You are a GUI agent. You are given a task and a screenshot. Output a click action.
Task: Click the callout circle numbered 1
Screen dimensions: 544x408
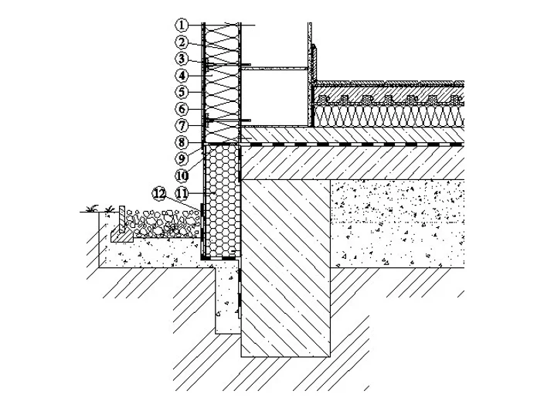(x=182, y=25)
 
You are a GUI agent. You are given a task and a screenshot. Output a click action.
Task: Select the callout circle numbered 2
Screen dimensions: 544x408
(x=182, y=42)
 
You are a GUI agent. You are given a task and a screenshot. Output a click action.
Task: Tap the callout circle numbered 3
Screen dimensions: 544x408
(x=182, y=59)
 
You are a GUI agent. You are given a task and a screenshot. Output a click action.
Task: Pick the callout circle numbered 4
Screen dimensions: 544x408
(x=182, y=75)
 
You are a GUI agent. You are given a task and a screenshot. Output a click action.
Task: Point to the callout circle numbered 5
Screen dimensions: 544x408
(x=182, y=92)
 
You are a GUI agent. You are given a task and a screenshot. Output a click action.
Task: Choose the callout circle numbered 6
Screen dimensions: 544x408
(x=182, y=109)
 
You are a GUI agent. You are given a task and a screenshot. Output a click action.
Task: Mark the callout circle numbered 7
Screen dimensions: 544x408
(x=182, y=126)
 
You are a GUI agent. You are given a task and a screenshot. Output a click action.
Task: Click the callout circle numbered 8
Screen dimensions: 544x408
(x=182, y=142)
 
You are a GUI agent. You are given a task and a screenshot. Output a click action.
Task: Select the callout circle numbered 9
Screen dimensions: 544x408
(x=182, y=159)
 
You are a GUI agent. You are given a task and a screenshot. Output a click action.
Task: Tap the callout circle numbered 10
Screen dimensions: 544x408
(x=182, y=176)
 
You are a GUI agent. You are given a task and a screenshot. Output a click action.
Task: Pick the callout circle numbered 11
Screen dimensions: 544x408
(x=182, y=193)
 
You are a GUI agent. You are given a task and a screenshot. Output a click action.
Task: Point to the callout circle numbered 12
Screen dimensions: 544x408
(x=159, y=194)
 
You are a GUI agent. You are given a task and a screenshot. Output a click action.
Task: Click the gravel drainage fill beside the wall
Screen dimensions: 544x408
(x=162, y=223)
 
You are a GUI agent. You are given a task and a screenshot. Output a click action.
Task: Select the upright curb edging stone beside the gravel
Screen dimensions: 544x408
(x=122, y=219)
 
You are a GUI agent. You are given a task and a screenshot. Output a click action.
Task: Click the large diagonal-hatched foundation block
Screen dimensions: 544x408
(x=285, y=268)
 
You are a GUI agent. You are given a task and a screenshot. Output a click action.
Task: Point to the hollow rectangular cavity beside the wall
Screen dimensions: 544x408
(x=274, y=98)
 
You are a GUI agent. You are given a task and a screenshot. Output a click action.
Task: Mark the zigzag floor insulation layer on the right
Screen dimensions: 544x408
(x=389, y=116)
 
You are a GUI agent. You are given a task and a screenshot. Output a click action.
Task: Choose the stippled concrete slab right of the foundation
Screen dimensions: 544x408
(x=397, y=224)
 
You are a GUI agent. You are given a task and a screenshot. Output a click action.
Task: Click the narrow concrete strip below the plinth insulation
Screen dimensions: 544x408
(x=228, y=297)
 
